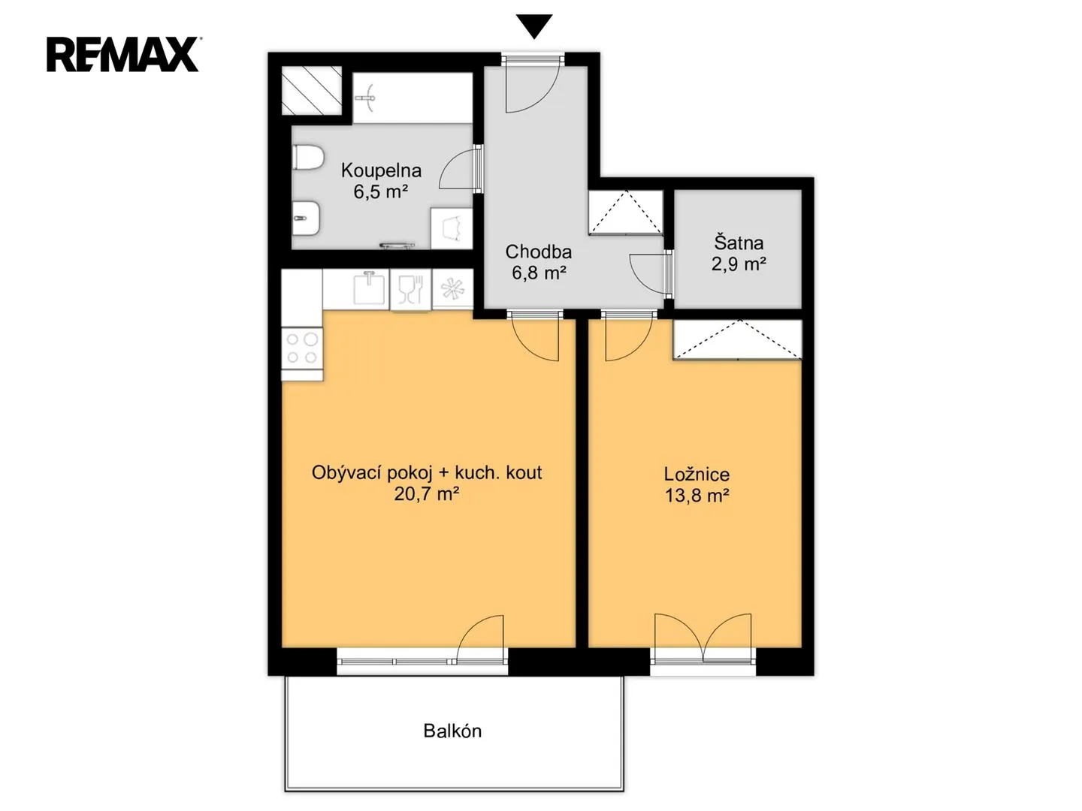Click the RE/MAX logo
123,55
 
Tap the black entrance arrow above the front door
533,26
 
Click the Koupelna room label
381,170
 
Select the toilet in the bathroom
307,158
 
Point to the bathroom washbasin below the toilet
307,218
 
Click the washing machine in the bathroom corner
452,228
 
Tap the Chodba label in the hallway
538,252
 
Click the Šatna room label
739,243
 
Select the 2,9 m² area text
739,264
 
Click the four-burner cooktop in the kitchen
302,348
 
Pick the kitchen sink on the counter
369,288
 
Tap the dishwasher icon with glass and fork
410,290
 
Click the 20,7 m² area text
426,493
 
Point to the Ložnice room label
697,474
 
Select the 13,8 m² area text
697,496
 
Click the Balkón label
452,731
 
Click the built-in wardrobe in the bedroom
737,339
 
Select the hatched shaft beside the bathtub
311,91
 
